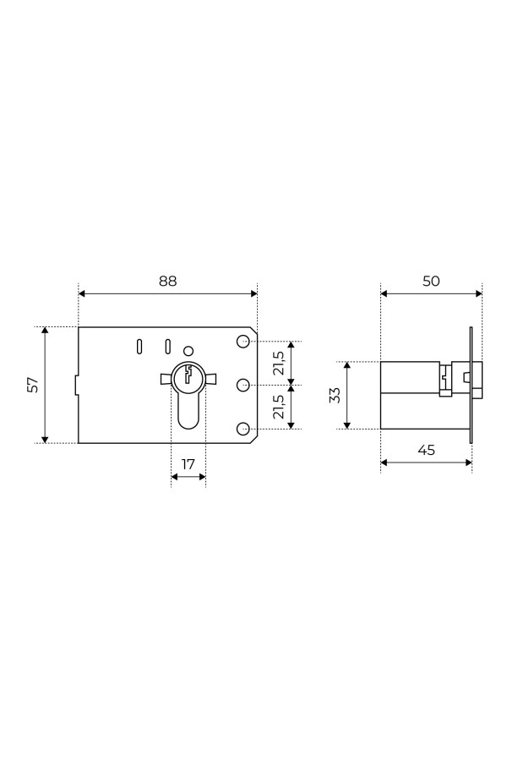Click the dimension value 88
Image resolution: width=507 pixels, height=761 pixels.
pos(168,281)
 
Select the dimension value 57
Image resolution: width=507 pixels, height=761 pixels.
pos(32,385)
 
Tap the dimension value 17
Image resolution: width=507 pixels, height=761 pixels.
pos(188,464)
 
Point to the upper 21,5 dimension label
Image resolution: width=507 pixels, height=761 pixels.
pos(278,363)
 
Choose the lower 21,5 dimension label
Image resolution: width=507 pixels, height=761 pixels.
pos(278,407)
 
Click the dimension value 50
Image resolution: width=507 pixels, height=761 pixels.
pos(431,281)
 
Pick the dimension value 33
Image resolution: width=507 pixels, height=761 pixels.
pos(335,395)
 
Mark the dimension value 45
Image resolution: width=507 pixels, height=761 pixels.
pos(426,450)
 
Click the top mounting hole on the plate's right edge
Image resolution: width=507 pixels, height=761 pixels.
pos(243,342)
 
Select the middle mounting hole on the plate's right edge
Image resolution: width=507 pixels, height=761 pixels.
pos(243,386)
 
